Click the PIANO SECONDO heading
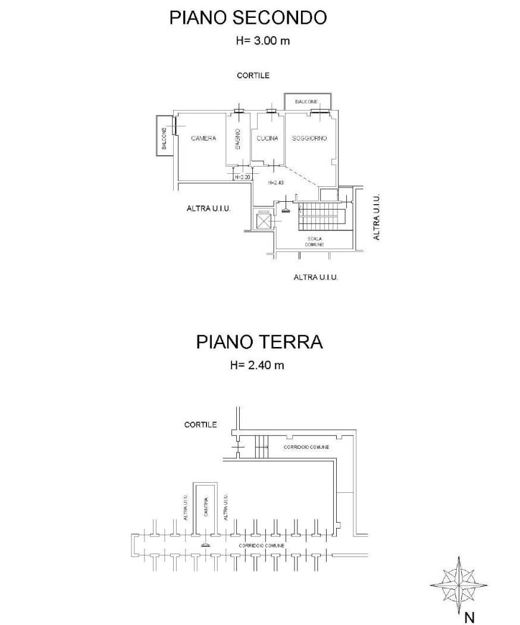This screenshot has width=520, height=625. [x=248, y=18]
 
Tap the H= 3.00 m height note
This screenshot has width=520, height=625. [x=263, y=40]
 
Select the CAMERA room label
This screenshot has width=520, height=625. [x=203, y=138]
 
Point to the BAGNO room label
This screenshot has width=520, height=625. [x=237, y=139]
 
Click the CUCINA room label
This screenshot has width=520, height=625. [x=267, y=138]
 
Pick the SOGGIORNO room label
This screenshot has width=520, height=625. [x=309, y=138]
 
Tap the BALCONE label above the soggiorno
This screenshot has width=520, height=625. [x=306, y=102]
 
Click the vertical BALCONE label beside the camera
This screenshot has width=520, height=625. [x=164, y=139]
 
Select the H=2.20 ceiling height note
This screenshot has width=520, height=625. [x=242, y=177]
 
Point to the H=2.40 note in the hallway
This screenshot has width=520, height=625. [x=275, y=183]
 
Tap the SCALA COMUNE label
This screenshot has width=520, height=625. [x=314, y=242]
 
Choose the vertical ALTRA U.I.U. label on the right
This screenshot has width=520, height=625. [x=377, y=217]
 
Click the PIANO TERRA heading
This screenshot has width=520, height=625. [x=259, y=342]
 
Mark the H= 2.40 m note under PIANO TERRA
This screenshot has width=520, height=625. [x=257, y=365]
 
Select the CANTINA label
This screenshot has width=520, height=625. [x=206, y=507]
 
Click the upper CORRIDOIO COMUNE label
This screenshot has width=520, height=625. [x=306, y=447]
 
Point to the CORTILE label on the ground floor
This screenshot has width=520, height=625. [x=201, y=425]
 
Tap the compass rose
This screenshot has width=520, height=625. [x=459, y=585]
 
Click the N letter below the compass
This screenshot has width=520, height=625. [x=470, y=618]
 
